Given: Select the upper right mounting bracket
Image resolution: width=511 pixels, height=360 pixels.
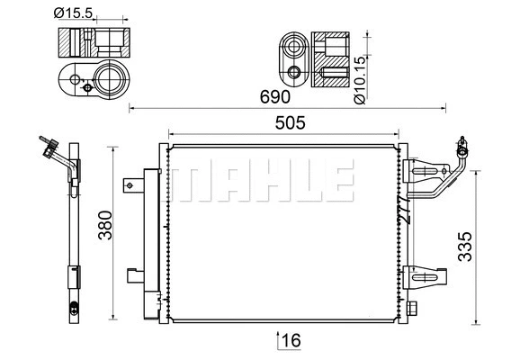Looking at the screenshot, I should coord(425,171).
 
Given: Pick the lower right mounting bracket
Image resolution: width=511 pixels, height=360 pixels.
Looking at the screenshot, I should coord(425,276).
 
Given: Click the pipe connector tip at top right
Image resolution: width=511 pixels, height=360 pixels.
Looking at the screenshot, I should coord(462,143).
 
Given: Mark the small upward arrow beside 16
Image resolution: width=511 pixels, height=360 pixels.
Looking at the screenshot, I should coord(277,339).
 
